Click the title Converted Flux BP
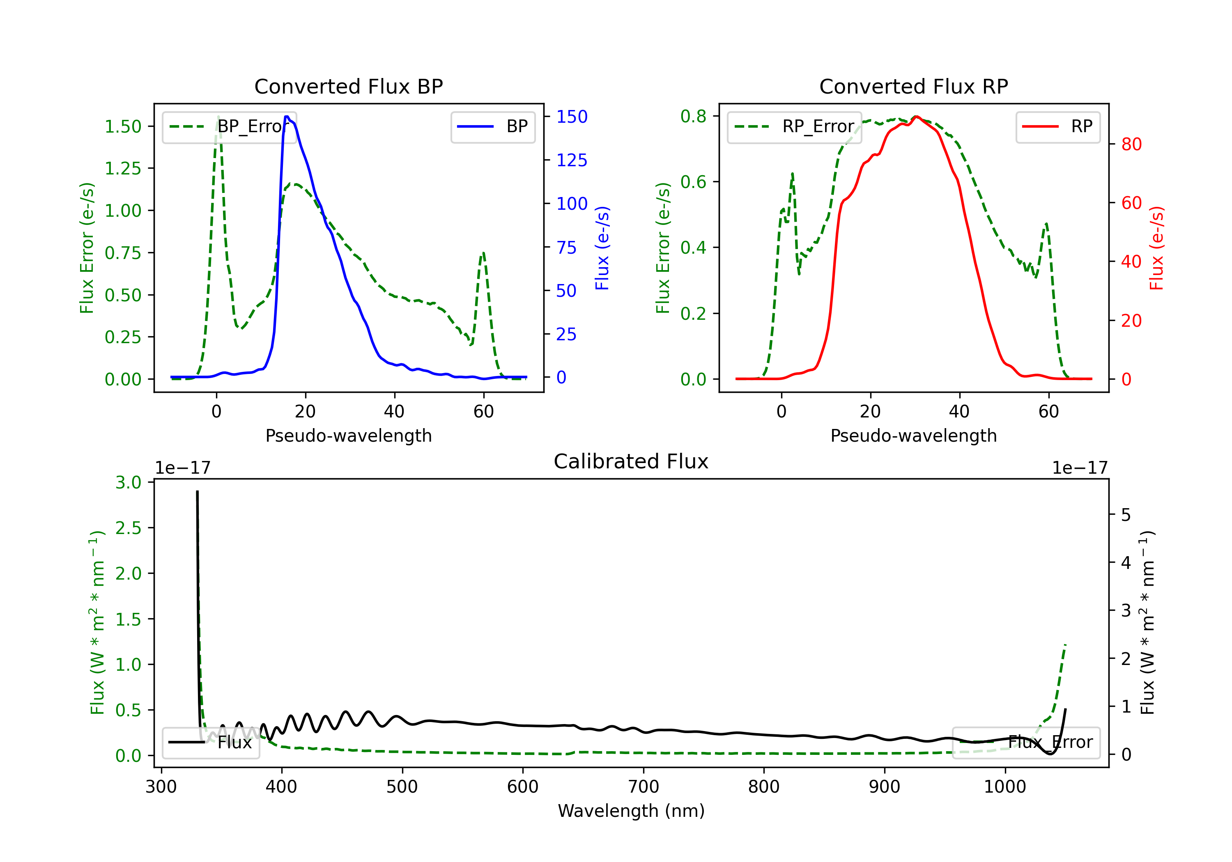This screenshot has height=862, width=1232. coord(348,86)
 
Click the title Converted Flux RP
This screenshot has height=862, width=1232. coord(913,86)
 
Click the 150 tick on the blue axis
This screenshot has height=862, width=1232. coord(572,117)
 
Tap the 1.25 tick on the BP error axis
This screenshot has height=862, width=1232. coord(123,168)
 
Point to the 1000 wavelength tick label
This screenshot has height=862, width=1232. coord(1004,786)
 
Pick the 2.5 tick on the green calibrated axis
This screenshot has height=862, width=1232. coord(128,528)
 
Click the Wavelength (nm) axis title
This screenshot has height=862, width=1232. coord(631,811)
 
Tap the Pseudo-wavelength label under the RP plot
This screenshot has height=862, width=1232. coord(913,436)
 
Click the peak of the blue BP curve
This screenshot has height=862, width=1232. coord(287,117)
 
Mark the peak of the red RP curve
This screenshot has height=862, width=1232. coord(917,117)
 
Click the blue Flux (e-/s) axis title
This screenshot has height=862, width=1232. coord(602,248)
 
